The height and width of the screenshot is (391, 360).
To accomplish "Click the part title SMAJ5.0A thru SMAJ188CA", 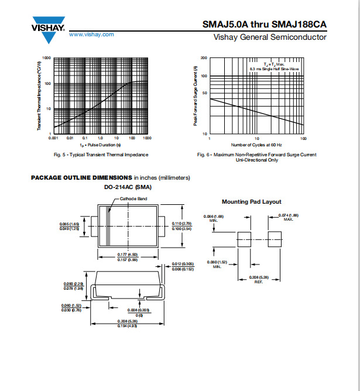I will pyautogui.click(x=265, y=24).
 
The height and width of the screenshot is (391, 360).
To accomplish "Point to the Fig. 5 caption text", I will pyautogui.click(x=101, y=155).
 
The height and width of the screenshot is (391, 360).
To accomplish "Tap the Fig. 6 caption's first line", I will pyautogui.click(x=257, y=155).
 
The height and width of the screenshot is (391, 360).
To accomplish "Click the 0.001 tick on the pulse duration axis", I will pyautogui.click(x=53, y=138).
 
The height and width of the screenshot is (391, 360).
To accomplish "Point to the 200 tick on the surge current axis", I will pyautogui.click(x=204, y=58).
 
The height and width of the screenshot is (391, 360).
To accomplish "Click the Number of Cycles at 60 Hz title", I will pyautogui.click(x=256, y=145).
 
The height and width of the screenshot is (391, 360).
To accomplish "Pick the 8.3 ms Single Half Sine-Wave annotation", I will pyautogui.click(x=274, y=69).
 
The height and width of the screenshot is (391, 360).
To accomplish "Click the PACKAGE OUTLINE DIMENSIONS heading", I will pyautogui.click(x=81, y=177).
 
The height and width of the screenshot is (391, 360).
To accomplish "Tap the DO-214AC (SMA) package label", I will pyautogui.click(x=128, y=187).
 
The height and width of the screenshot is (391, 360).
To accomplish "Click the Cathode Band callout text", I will pyautogui.click(x=133, y=199).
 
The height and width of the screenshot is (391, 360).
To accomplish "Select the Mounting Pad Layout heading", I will pyautogui.click(x=251, y=201).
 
